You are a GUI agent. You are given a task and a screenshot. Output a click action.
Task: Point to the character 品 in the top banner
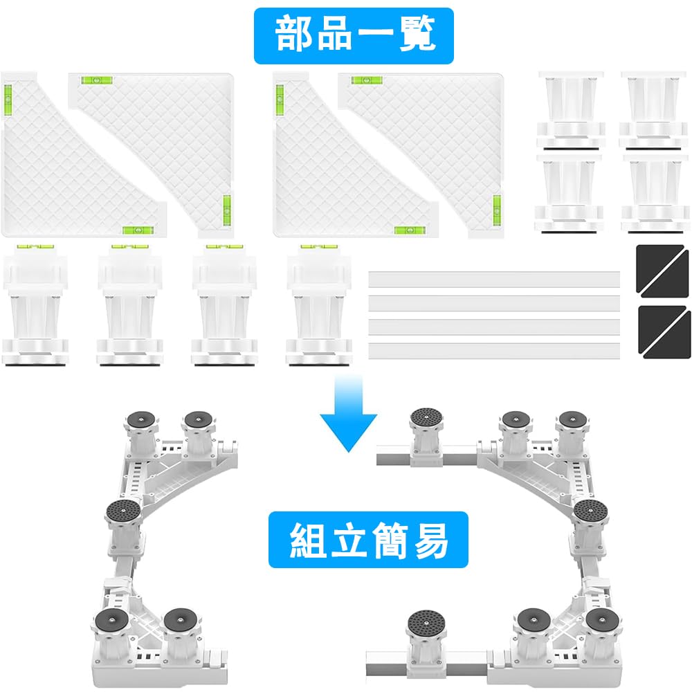[x=334, y=35]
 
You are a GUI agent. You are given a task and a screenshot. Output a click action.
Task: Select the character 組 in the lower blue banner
[x=308, y=540]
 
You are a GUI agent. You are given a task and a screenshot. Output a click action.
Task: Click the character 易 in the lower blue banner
[x=430, y=540]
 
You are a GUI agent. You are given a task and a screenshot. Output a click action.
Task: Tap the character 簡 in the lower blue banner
[x=389, y=540]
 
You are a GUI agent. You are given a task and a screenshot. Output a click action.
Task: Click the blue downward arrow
[x=348, y=413]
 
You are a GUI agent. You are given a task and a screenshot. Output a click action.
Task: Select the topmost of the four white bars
[x=494, y=280]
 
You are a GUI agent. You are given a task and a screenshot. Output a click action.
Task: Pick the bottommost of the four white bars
[x=494, y=350]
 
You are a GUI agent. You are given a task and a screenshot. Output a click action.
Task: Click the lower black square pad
[x=664, y=332]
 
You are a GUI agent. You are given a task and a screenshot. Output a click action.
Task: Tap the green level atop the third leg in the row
[x=224, y=247]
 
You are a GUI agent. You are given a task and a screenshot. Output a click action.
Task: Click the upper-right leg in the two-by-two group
[x=653, y=110]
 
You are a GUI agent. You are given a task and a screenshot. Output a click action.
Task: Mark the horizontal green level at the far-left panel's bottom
[x=138, y=230]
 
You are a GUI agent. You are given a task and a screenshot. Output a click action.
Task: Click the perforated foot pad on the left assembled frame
[x=123, y=511]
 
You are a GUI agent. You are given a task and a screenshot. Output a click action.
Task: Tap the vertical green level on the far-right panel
[x=496, y=209]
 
